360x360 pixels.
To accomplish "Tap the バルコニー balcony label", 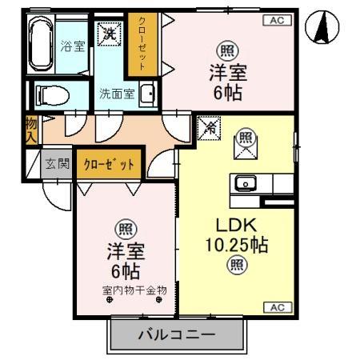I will pos(175,334).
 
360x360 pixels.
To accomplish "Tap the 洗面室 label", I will pos(116,94).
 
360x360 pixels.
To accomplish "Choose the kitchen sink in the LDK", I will pos(245,183).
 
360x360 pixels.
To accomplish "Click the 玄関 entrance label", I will pos(57,165).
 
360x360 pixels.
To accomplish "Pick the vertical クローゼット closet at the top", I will pos(142,44).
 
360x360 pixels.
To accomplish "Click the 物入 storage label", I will pos(31,130).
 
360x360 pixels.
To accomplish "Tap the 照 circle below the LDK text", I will pos(237,264).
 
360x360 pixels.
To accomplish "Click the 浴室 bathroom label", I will pos(73,46).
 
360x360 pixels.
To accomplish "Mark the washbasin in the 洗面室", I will pos(147,95).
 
